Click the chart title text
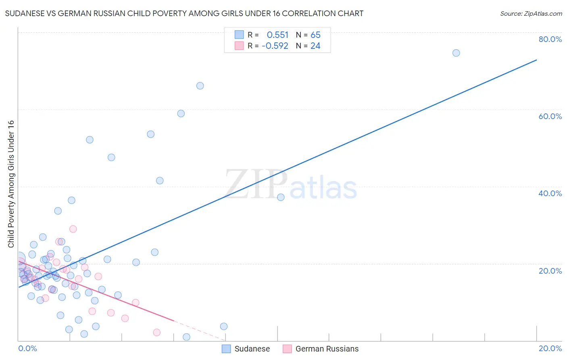pyautogui.click(x=184, y=14)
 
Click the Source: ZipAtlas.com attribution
pyautogui.click(x=531, y=14)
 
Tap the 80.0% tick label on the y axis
pyautogui.click(x=550, y=39)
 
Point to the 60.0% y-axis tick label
pyautogui.click(x=550, y=116)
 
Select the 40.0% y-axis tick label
pyautogui.click(x=550, y=193)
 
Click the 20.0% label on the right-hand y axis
pyautogui.click(x=550, y=271)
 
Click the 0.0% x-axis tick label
pyautogui.click(x=27, y=348)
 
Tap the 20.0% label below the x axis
pyautogui.click(x=550, y=348)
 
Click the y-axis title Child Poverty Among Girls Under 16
pyautogui.click(x=11, y=184)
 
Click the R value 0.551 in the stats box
pyautogui.click(x=277, y=35)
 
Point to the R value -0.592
pyautogui.click(x=275, y=46)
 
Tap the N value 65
pyautogui.click(x=315, y=35)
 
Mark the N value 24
pyautogui.click(x=315, y=46)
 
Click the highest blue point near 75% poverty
pyautogui.click(x=456, y=53)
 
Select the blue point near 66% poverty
pyautogui.click(x=200, y=86)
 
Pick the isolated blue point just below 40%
pyautogui.click(x=281, y=197)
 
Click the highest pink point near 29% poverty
pyautogui.click(x=73, y=229)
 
